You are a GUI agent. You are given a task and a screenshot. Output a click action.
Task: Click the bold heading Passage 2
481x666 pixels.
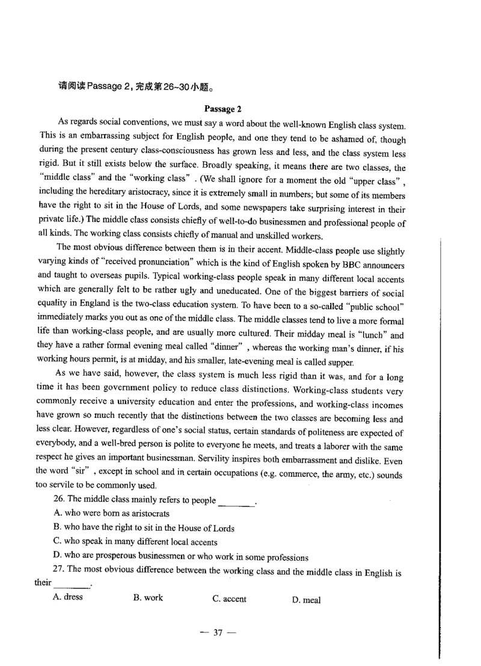222,109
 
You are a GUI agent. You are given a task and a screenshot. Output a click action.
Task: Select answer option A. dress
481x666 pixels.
68,597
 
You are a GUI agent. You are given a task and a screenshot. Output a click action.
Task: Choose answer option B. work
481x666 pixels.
148,598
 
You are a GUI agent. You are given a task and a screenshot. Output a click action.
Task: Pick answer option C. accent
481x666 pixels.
229,599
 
